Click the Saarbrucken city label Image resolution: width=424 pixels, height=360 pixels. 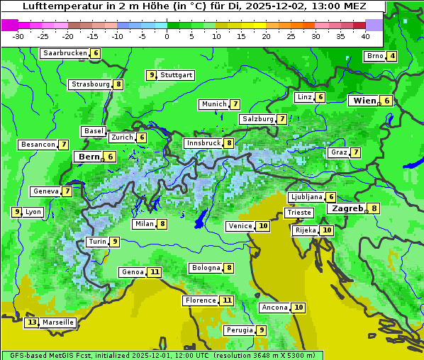pyautogui.click(x=65, y=53)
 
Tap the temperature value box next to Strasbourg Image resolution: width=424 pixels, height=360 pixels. pyautogui.click(x=119, y=84)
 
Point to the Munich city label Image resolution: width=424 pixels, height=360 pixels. pyautogui.click(x=213, y=104)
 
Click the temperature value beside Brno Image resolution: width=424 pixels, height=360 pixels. pyautogui.click(x=392, y=57)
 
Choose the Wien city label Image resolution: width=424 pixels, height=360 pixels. pyautogui.click(x=365, y=101)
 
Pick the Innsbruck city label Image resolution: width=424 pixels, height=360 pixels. pyautogui.click(x=202, y=143)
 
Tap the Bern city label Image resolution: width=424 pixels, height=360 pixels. pyautogui.click(x=89, y=157)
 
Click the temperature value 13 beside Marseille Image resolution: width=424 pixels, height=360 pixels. pyautogui.click(x=31, y=322)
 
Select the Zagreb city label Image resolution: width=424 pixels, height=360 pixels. pyautogui.click(x=347, y=208)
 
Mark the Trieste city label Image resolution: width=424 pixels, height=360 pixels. pyautogui.click(x=299, y=213)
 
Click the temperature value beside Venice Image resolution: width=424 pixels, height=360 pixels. pyautogui.click(x=263, y=226)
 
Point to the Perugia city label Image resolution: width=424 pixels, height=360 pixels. pyautogui.click(x=238, y=330)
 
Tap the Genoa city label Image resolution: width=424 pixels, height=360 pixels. pyautogui.click(x=132, y=272)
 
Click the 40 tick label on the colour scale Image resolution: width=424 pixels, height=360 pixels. pyautogui.click(x=365, y=36)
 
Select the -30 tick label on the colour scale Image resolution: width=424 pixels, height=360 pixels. pyautogui.click(x=18, y=36)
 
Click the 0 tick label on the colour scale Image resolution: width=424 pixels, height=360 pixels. pyautogui.click(x=167, y=36)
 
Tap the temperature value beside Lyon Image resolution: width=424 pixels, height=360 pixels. pyautogui.click(x=16, y=212)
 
